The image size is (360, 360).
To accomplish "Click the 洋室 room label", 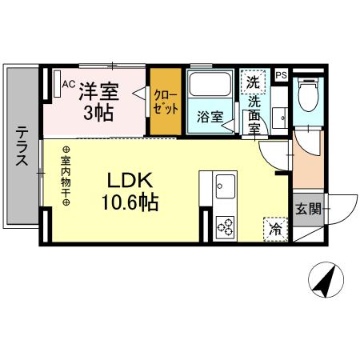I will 99,90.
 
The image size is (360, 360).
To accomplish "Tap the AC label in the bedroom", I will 68,82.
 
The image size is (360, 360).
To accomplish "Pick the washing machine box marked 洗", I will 253,81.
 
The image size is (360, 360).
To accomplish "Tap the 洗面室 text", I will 254,111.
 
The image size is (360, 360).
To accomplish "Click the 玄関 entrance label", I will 308,210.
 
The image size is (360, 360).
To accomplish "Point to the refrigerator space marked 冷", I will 275,227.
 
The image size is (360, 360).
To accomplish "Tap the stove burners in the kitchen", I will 223,227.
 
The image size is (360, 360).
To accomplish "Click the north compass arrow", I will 326,281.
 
